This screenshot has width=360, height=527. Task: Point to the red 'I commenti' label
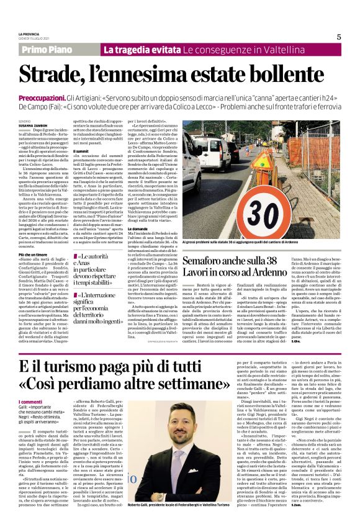pyautogui.click(x=30, y=402)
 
